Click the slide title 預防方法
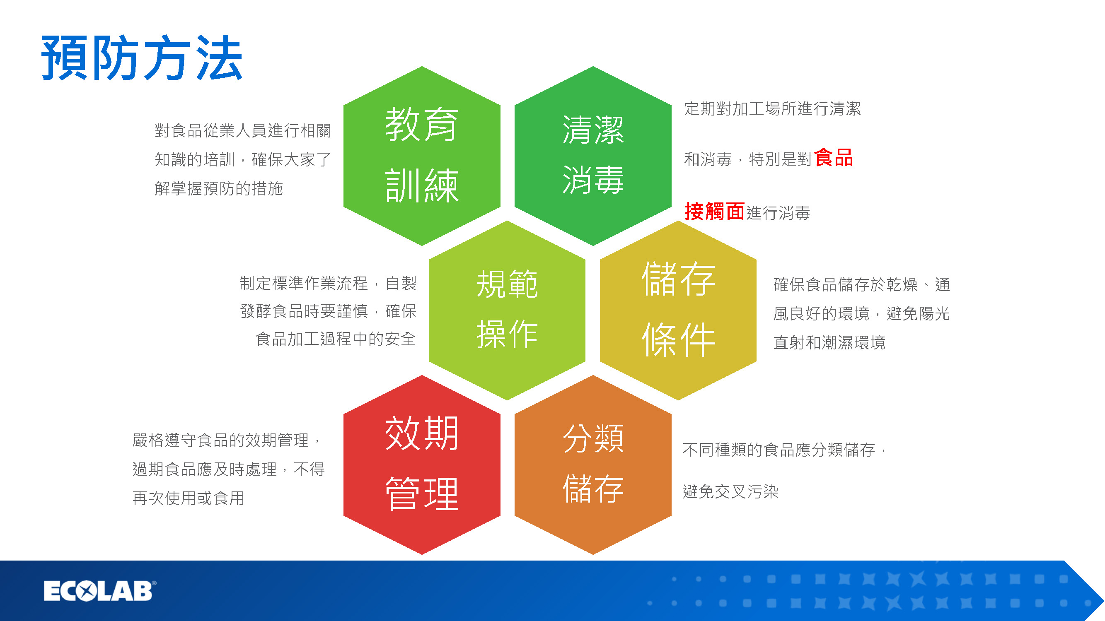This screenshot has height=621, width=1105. pos(142,58)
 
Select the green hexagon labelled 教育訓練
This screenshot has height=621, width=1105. pos(422,156)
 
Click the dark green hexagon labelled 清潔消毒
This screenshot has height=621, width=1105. pos(593,156)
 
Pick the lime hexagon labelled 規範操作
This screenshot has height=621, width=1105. pos(507,310)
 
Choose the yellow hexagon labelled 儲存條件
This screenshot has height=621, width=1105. pos(678,310)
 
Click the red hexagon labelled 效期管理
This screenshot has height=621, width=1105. pos(422,465)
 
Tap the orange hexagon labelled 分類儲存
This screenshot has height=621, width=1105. pos(593,465)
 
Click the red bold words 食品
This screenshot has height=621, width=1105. pos(834,158)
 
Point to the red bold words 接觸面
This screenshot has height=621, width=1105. pos(715,211)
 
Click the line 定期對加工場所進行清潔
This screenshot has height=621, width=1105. pos(773,109)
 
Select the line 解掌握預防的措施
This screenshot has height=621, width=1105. pos(219,188)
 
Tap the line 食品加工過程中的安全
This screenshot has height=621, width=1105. pos(336,339)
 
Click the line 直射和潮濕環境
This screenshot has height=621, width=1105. pos(829,342)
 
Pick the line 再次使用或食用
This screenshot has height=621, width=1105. pos(189,498)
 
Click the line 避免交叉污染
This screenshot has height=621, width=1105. pos(730,491)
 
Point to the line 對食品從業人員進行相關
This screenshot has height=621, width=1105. pos(243,131)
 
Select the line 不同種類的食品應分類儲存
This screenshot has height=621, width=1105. pos(779,450)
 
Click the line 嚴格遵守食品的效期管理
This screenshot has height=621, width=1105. pos(220,440)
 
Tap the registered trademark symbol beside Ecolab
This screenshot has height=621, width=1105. pos(155,583)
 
